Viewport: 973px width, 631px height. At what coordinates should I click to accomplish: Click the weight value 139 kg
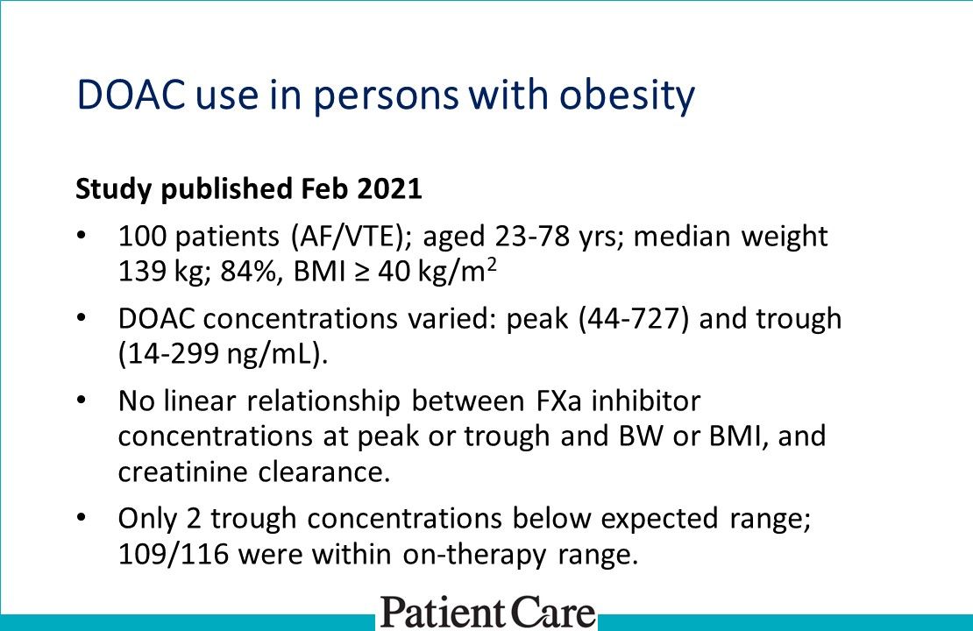click(x=160, y=271)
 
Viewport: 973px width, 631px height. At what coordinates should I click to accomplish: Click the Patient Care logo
click(x=487, y=611)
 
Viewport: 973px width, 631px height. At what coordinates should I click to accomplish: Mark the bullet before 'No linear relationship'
click(x=82, y=401)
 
